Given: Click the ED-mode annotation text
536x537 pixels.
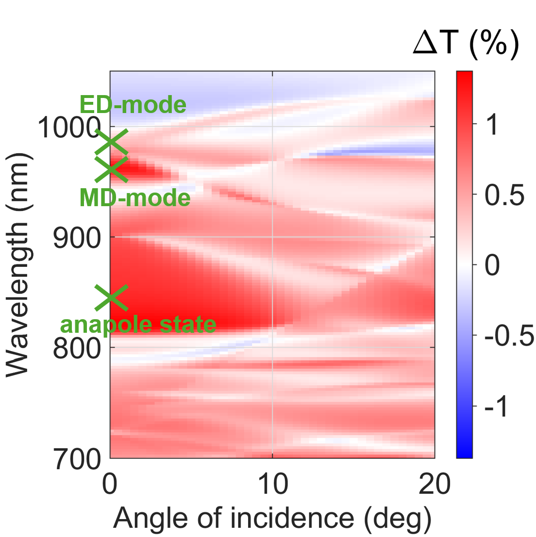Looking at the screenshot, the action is pos(133,104).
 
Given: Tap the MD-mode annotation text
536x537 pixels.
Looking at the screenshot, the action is pos(134,198).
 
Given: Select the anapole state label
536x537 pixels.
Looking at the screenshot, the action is pos(138,325).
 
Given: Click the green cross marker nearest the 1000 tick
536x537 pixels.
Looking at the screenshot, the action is pos(111,142).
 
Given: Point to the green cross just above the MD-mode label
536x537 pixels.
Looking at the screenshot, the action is pos(111,169).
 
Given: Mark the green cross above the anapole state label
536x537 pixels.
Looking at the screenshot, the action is pos(111,298).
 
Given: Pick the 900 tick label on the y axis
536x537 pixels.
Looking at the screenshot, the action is pos(77,238).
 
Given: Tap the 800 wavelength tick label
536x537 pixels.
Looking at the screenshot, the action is pos(77,349).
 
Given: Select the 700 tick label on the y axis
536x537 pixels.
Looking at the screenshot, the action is pos(77,459).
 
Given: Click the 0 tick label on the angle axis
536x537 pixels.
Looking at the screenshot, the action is pos(110,484).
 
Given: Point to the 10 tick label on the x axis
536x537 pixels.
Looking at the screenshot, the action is pos(272,484).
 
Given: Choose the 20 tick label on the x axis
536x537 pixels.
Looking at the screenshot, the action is pos(435,484).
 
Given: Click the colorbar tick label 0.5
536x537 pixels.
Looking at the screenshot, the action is pos(504,195).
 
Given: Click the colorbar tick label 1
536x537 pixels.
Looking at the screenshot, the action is pos(492,124).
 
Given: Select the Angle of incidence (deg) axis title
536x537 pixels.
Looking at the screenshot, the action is pos(272,518).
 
